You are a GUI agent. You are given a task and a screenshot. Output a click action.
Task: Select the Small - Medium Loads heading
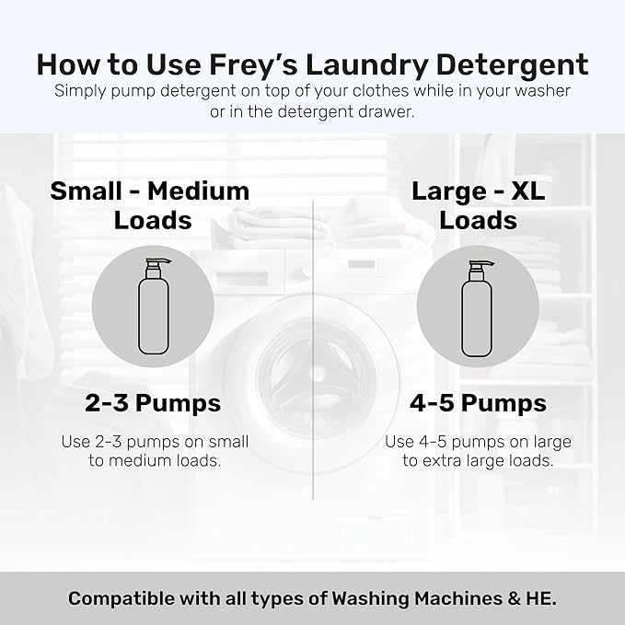coord(150,205)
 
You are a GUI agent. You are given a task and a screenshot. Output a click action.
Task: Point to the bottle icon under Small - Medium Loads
coord(151,307)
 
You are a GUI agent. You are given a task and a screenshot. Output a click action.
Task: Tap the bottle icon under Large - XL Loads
coord(478,307)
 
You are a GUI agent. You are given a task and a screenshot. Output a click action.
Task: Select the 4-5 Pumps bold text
coord(478,402)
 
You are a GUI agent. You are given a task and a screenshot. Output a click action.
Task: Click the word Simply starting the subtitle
coord(81,91)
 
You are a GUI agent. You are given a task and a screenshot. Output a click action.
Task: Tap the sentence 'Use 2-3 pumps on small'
coord(155,441)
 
